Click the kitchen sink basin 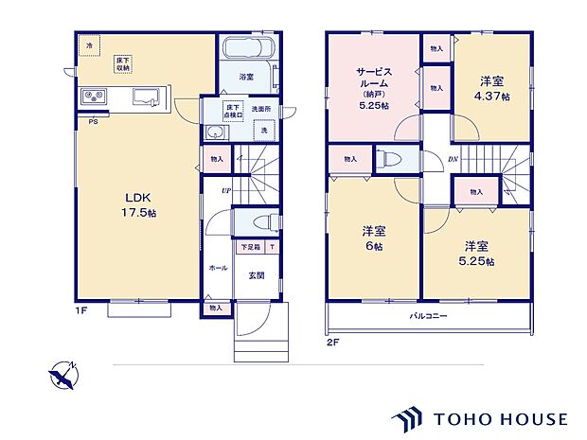tap(148, 94)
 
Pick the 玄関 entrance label tap(256, 275)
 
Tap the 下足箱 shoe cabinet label tap(249, 247)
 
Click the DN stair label tap(453, 158)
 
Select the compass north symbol tap(62, 375)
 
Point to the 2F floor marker tap(332, 343)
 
